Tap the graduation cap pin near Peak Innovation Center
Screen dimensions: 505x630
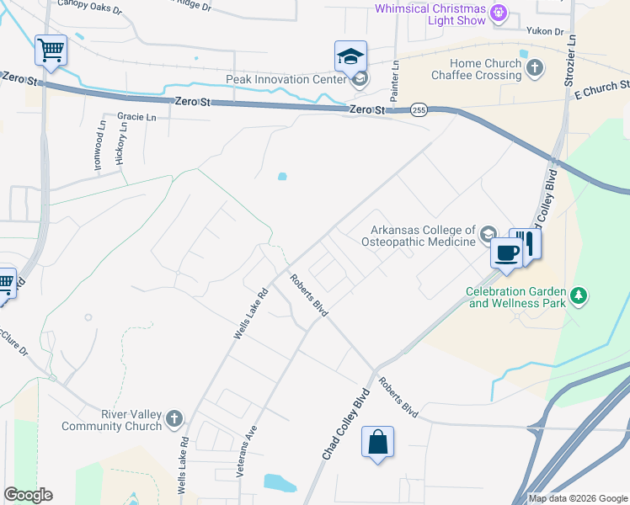350,57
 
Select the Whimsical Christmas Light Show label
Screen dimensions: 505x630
430,14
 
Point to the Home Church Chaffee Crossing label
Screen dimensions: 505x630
473,69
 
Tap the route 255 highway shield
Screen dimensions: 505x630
419,109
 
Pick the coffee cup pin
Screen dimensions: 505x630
505,252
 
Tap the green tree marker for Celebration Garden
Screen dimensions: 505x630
578,295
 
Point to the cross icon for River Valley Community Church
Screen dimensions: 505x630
174,418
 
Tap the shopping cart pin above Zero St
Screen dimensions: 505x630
51,50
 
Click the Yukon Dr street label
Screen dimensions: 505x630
546,31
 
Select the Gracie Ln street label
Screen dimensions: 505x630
137,117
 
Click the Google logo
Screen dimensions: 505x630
28,495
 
